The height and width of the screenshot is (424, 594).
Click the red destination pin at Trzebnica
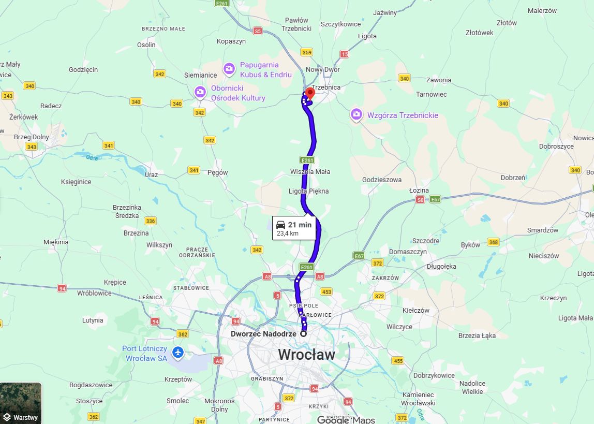coord(310,94)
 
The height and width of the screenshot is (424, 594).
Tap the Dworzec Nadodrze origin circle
coord(304,334)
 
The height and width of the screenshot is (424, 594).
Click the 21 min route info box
coord(293,228)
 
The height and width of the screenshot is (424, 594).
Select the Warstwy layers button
coord(21,403)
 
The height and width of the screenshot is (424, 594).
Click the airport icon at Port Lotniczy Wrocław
coord(178,353)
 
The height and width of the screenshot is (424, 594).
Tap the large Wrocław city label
coord(306,355)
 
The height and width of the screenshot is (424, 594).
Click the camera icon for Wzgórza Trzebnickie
coord(356,114)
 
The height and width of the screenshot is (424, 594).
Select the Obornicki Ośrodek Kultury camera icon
coord(200,92)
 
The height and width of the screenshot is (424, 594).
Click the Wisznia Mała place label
coord(310,171)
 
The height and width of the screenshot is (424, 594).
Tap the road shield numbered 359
coord(307,52)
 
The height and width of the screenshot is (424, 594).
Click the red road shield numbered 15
coord(345,54)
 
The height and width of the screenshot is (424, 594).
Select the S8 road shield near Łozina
coord(420,199)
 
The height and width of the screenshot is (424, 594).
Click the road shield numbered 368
coord(493,242)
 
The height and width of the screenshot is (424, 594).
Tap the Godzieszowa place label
coord(382,180)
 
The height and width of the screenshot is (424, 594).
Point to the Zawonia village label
coord(438,80)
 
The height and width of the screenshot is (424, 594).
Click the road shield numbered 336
coord(151,221)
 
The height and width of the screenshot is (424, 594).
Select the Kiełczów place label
coord(416,310)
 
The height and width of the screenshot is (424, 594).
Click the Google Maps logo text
coord(346,419)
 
